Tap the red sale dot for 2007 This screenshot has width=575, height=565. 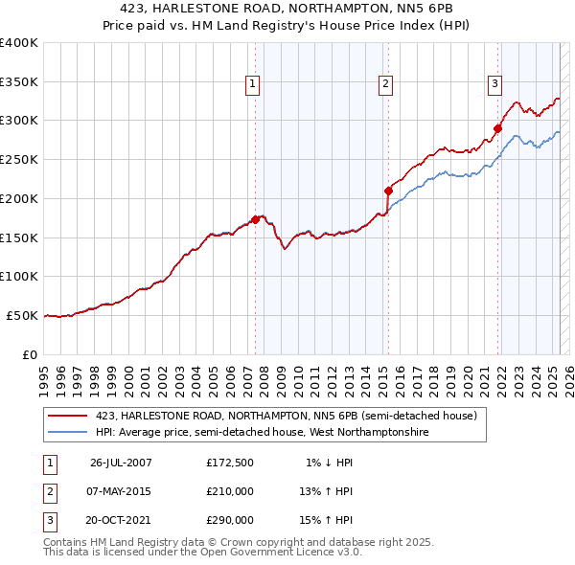256,219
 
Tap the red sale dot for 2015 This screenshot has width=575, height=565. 388,190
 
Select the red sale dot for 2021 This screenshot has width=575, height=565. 498,127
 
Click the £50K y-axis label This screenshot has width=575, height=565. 22,315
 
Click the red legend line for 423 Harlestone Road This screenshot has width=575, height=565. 67,416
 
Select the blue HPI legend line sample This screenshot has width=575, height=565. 67,432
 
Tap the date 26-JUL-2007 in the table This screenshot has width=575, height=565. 121,463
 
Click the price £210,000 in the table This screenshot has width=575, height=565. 229,491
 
